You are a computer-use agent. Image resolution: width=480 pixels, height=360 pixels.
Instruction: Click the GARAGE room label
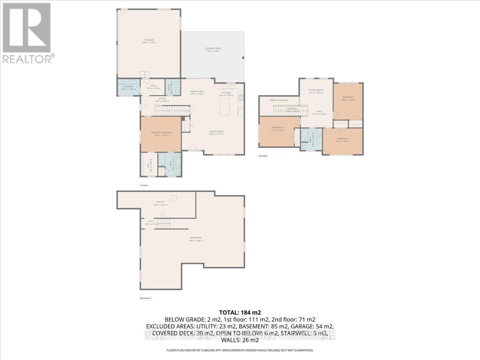pyautogui.click(x=149, y=40)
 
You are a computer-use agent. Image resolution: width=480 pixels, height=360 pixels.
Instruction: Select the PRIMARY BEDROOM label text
pyautogui.click(x=161, y=134)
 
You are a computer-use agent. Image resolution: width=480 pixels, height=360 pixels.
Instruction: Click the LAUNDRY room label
pyautogui.click(x=128, y=87)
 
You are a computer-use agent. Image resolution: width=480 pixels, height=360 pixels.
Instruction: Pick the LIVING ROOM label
pyautogui.click(x=216, y=132)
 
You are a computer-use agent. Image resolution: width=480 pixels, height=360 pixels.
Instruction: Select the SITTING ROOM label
pyautogui.click(x=316, y=91)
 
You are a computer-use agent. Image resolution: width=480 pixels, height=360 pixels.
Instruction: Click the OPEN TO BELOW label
pyautogui.click(x=279, y=100)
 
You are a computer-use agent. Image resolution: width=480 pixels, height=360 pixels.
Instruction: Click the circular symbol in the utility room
pyautogui.click(x=163, y=214)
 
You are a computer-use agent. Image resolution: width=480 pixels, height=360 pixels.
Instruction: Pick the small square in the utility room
pyautogui.click(x=174, y=198)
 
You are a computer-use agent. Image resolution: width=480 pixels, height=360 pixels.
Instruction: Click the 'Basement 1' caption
pyautogui.click(x=146, y=298)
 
